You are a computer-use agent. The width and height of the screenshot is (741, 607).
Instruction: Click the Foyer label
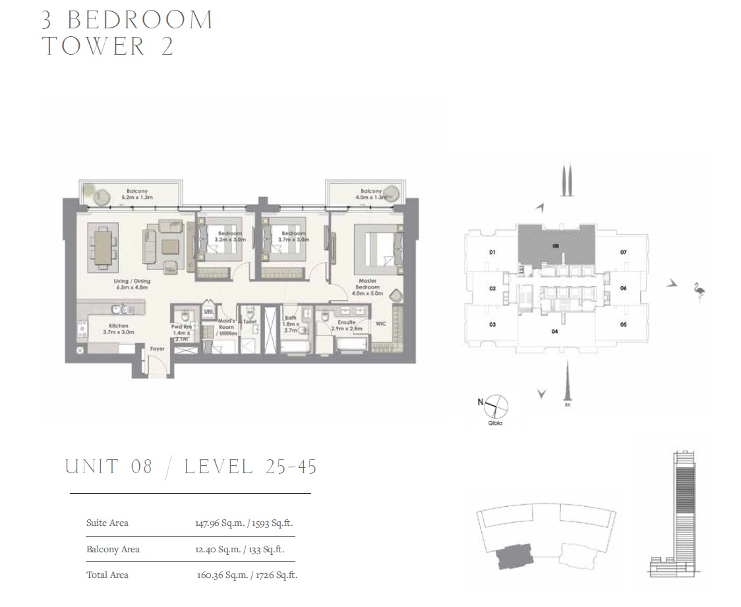157,349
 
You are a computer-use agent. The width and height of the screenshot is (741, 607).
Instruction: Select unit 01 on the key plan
492,252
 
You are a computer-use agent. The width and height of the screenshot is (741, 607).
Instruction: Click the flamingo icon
699,291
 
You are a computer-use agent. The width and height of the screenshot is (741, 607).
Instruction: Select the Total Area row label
107,575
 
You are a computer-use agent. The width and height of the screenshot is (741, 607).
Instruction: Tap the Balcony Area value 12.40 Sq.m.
210,549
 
